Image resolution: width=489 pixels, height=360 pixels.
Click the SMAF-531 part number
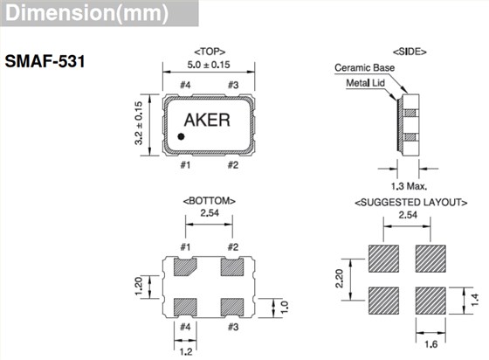[45, 64]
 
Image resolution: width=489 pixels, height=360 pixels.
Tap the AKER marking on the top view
[208, 121]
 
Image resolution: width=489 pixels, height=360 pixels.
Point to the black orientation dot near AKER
[182, 135]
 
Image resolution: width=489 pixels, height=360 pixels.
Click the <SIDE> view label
[409, 52]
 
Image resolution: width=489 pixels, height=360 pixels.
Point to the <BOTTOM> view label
[208, 200]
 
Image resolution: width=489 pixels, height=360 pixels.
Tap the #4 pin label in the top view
[184, 85]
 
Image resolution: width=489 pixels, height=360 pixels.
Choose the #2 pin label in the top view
[232, 163]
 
